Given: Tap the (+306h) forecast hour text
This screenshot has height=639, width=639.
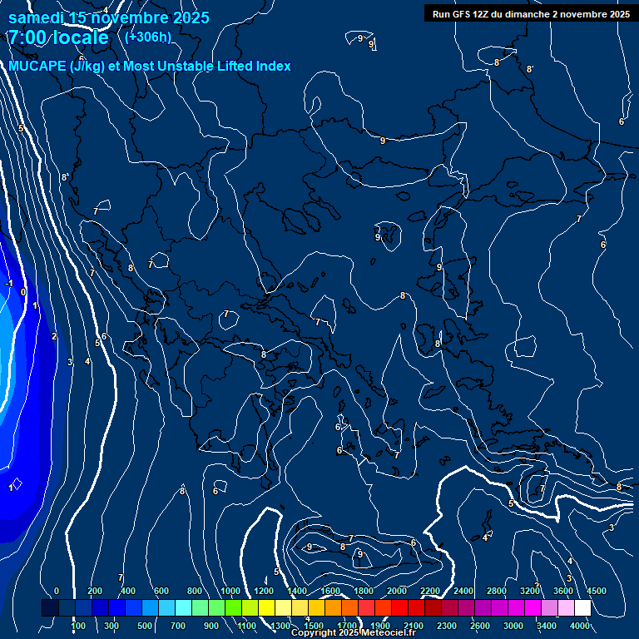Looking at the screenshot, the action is [147, 37].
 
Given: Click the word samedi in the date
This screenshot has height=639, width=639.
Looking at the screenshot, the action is [37, 17].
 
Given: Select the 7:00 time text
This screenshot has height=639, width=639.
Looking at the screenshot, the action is [27, 37].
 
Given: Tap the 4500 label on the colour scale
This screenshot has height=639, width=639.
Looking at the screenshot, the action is [596, 591].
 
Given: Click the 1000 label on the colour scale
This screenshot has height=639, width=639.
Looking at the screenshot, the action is [230, 591].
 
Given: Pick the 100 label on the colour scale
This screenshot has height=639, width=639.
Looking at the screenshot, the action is [78, 626].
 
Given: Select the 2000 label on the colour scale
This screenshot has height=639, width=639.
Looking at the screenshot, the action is [397, 591].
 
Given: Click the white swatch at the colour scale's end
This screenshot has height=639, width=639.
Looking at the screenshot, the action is [606, 608].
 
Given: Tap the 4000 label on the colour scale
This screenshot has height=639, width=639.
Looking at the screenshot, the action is [580, 626].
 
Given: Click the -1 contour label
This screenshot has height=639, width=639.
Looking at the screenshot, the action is [9, 284].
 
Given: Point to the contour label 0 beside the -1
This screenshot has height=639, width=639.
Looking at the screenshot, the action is [23, 292].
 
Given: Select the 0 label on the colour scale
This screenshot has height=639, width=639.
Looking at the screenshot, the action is [57, 591].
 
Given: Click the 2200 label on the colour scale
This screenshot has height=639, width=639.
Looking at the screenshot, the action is [430, 591].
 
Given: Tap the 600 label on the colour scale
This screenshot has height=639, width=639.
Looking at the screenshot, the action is [161, 591].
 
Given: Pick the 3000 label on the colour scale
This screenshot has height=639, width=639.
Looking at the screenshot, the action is [513, 626].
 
